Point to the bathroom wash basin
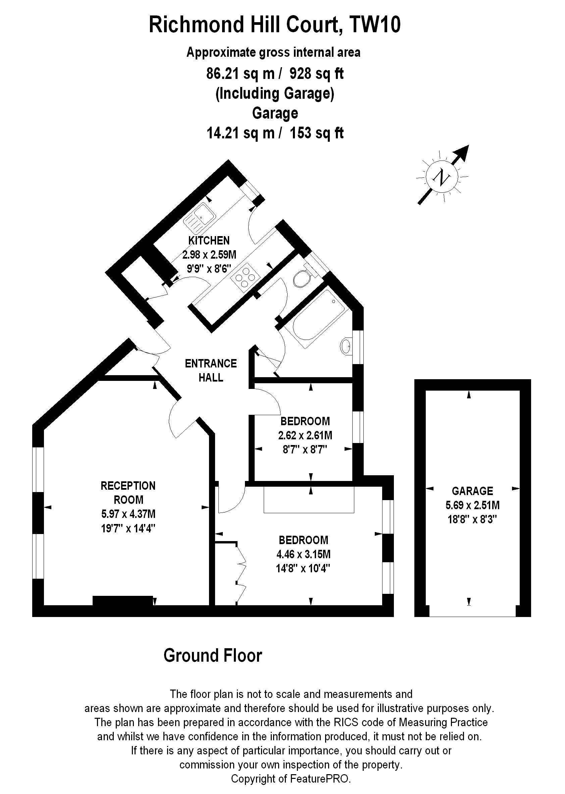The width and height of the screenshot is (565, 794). tap(346, 346)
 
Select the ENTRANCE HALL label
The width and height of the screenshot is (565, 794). tap(211, 370)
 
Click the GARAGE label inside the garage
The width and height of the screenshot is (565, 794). tap(472, 491)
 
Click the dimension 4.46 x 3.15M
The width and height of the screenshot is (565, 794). tap(303, 554)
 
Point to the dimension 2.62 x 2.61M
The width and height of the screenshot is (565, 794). tap(305, 435)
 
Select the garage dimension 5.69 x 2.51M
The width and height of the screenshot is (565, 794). tap(472, 505)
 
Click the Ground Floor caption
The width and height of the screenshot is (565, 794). tap(213, 656)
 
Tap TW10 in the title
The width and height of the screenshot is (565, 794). tap(375, 25)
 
